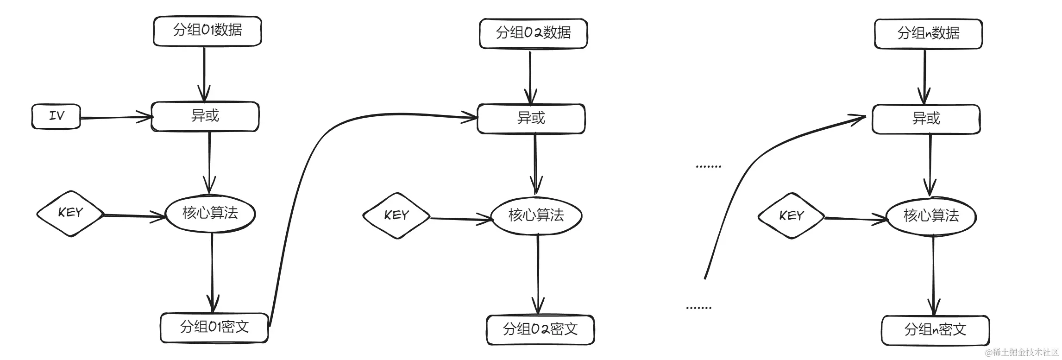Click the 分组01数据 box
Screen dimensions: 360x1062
point(207,31)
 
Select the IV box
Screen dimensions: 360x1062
point(56,116)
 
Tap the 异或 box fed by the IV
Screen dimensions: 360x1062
point(205,116)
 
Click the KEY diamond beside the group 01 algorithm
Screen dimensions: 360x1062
point(70,214)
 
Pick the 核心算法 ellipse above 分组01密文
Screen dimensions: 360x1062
point(210,214)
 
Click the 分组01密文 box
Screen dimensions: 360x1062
point(214,328)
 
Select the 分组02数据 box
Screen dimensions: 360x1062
point(533,33)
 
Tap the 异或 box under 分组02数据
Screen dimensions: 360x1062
point(531,119)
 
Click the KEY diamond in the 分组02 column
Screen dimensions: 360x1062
point(396,216)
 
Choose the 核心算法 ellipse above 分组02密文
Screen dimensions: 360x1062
point(536,215)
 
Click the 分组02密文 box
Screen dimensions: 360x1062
point(540,330)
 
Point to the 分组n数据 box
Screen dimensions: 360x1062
point(928,34)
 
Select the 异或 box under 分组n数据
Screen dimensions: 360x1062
point(926,119)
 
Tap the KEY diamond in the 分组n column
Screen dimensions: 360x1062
point(791,216)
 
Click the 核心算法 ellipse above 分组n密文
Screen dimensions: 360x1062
point(931,216)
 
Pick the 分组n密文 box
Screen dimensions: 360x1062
point(935,330)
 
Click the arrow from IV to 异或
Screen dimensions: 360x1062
point(116,117)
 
